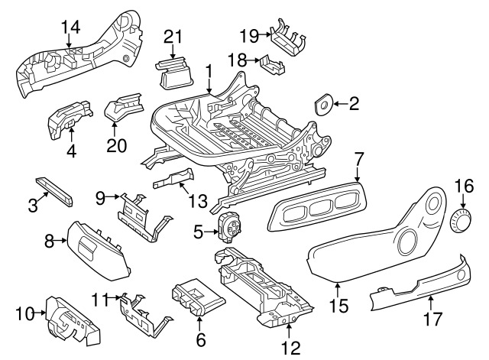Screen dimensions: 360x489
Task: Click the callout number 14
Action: click(70, 27)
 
